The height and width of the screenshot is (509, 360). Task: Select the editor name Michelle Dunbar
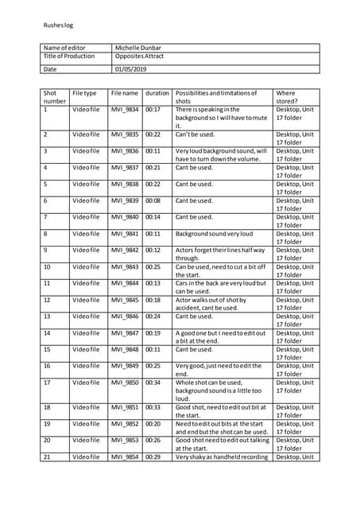coord(142,48)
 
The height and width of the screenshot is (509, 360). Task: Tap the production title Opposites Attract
coord(141,56)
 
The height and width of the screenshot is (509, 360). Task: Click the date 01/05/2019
coord(131,69)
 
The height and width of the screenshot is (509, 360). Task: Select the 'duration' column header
coord(157,93)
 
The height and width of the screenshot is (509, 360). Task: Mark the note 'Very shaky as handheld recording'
coord(222,457)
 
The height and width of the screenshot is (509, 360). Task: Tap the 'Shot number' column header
coord(54,97)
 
